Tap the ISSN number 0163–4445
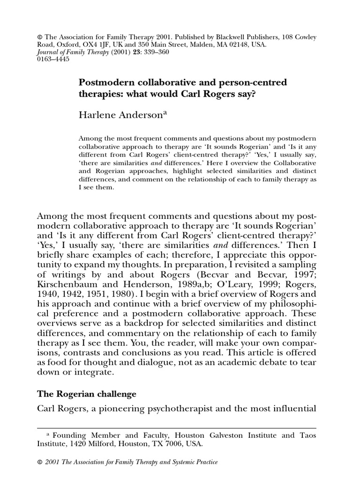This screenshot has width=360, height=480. (52, 60)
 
